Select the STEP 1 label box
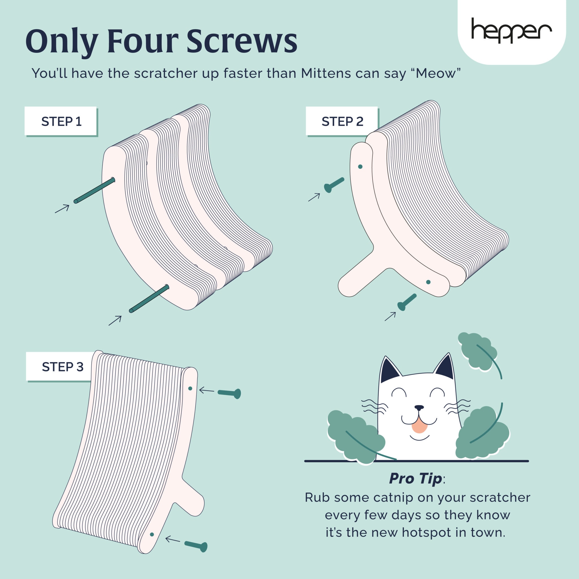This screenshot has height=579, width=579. [61, 121]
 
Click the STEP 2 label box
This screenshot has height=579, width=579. [342, 121]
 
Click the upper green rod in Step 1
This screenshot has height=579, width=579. [94, 190]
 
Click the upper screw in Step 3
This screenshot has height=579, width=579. [229, 393]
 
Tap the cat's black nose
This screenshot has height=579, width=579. [419, 408]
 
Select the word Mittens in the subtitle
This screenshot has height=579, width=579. [325, 74]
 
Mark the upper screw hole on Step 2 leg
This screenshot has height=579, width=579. [360, 167]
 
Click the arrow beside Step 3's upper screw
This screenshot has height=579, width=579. [206, 390]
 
